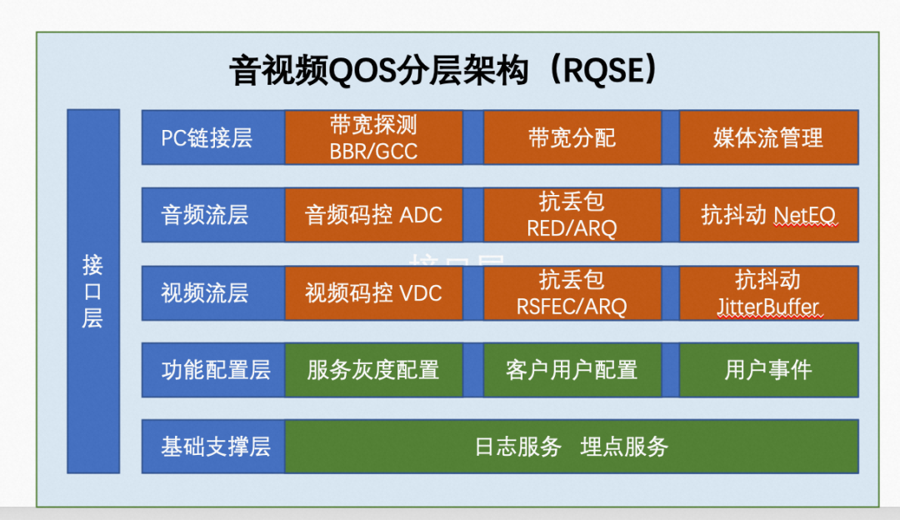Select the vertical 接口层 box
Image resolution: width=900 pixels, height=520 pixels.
(92, 291)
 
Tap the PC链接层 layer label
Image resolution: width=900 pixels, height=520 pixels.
(207, 137)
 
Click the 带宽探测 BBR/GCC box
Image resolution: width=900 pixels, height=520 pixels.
(373, 137)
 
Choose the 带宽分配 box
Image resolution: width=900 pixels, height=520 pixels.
(572, 137)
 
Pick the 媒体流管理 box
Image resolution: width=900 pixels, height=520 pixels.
(768, 137)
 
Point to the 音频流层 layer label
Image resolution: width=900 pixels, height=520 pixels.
(205, 215)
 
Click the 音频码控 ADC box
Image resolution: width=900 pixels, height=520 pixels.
(373, 215)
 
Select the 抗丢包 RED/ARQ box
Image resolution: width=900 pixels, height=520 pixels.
(572, 215)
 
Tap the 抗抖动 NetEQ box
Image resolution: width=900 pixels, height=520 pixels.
(768, 215)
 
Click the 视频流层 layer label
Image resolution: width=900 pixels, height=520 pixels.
(205, 292)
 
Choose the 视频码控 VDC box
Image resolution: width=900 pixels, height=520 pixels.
(373, 292)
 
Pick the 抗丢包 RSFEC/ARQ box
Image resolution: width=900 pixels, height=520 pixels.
(572, 292)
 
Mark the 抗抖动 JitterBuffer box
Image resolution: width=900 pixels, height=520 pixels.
(768, 292)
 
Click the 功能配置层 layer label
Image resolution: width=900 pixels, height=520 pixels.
(215, 369)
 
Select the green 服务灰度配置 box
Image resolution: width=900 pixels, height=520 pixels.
(373, 369)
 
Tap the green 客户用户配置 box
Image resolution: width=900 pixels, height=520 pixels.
(572, 369)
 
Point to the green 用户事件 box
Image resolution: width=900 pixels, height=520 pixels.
(768, 369)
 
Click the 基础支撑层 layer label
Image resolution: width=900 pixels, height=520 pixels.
(215, 446)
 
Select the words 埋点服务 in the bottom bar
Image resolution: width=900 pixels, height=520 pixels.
(624, 447)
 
